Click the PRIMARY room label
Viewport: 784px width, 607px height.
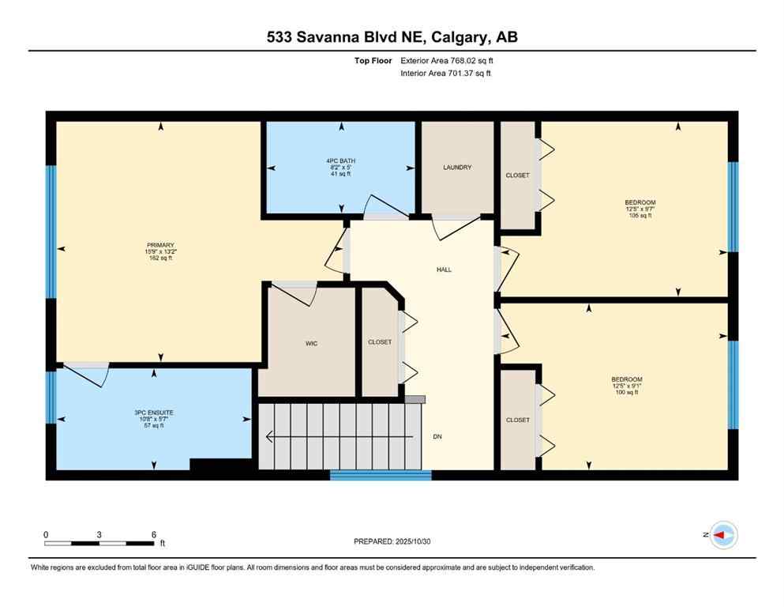click(x=160, y=245)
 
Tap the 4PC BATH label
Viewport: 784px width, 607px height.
click(x=341, y=160)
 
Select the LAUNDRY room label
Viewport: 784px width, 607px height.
click(x=457, y=168)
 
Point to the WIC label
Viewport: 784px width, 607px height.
click(x=311, y=343)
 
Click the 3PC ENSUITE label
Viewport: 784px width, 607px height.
click(x=154, y=413)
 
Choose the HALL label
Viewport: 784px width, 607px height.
click(x=445, y=270)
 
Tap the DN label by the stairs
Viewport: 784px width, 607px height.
click(x=437, y=436)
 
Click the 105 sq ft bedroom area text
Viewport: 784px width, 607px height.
click(x=640, y=215)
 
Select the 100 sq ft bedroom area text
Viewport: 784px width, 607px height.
click(x=627, y=392)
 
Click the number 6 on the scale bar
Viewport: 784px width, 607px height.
click(x=153, y=534)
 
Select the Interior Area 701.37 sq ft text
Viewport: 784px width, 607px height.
click(x=446, y=74)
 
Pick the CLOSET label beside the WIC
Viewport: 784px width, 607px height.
click(x=380, y=342)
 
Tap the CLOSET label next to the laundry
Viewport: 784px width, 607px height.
click(x=518, y=175)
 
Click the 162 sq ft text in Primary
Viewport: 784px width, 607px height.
click(x=160, y=258)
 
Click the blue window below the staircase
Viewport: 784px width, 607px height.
click(x=381, y=475)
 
